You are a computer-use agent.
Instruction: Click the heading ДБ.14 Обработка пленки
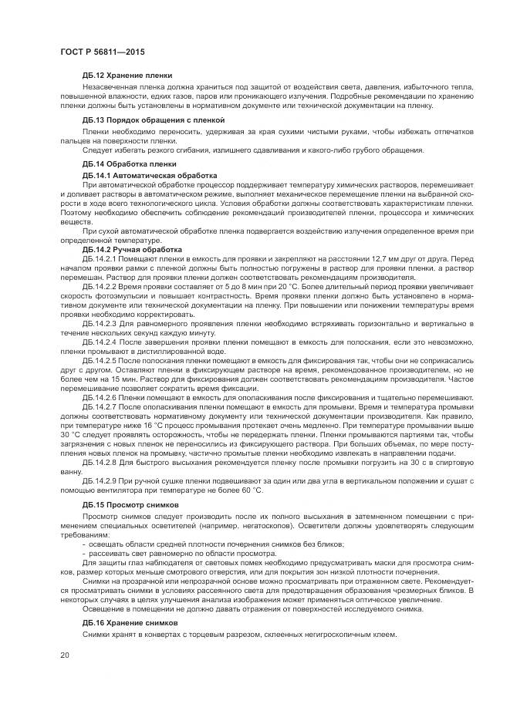[129, 164]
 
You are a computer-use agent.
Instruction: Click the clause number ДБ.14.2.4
[100, 341]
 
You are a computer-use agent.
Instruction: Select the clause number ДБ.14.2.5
[100, 360]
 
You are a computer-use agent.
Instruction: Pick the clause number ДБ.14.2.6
[100, 397]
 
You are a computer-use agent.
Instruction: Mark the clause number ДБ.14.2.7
[100, 406]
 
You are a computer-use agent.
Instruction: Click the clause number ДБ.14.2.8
[100, 462]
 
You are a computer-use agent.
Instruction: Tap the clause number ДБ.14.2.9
[100, 480]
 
